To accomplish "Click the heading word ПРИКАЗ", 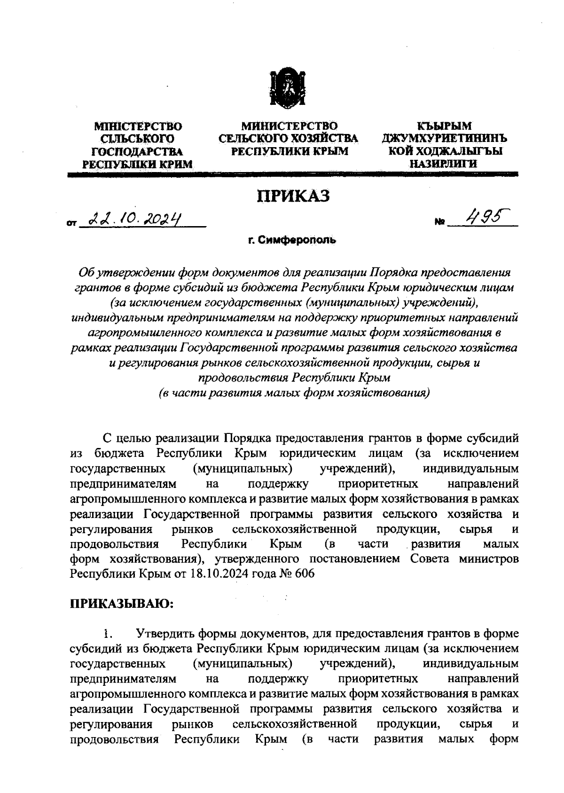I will [x=292, y=196].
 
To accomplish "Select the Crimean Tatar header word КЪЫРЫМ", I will [x=444, y=126].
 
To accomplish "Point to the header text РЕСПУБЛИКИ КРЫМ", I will [x=289, y=151].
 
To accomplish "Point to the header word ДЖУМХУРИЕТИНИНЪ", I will [x=444, y=139].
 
